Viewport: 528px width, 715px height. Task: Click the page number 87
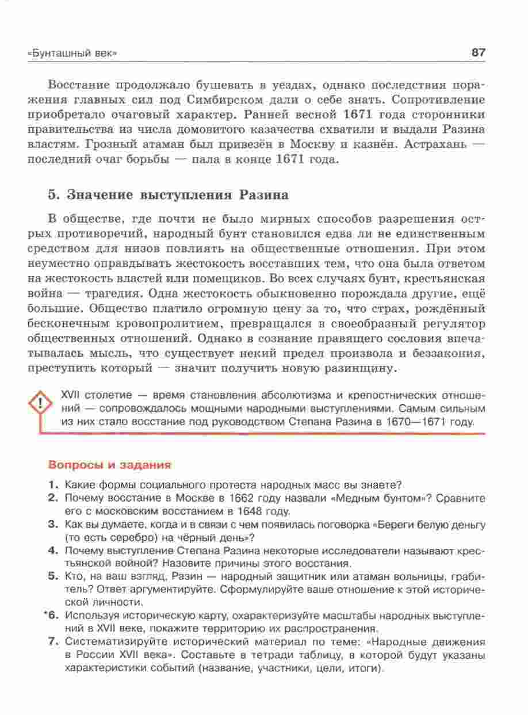479,52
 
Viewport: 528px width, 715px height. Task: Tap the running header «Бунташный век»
72,53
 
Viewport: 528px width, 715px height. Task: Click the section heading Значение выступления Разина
169,194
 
